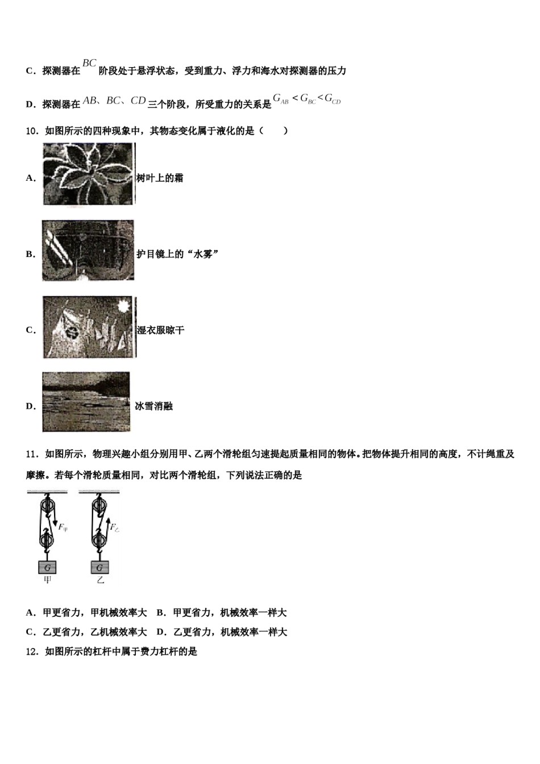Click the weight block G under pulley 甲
48,567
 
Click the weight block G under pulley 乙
100,567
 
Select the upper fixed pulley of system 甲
47,505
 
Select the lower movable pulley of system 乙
99,538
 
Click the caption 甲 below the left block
48,580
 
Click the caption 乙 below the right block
100,580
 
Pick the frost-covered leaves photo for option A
89,174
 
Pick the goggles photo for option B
88,251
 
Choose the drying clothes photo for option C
89,327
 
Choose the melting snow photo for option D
86,402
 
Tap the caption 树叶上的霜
160,178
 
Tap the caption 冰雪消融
154,406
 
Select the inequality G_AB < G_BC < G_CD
306,99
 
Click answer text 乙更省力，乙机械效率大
94,632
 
